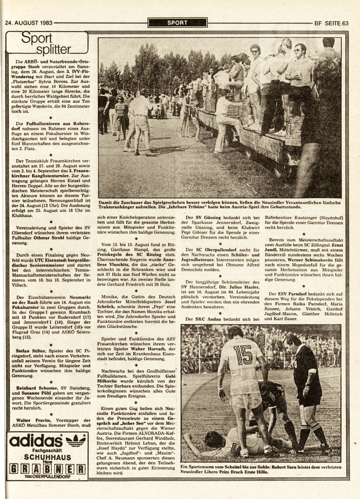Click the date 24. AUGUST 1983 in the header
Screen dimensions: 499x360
pyautogui.click(x=29, y=23)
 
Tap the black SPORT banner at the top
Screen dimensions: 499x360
pyautogui.click(x=177, y=23)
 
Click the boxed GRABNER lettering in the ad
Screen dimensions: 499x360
pyautogui.click(x=47, y=468)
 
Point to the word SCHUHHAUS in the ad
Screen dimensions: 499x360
pyautogui.click(x=47, y=457)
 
